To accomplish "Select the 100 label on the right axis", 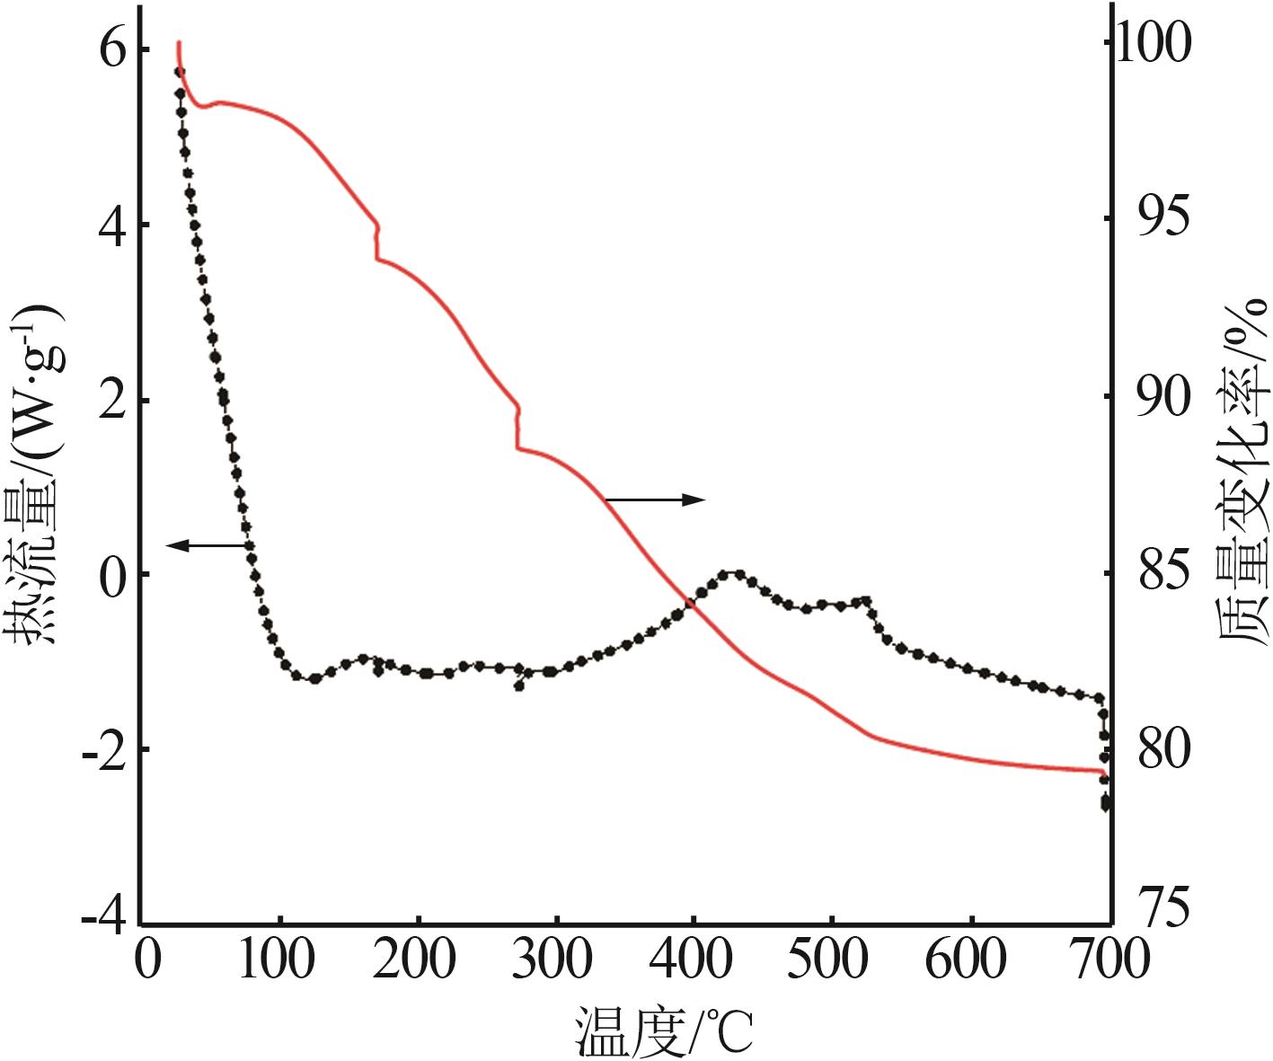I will [x=1161, y=42].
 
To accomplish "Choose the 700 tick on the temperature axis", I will [x=1111, y=959].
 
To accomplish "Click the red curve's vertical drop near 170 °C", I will [x=377, y=243].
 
